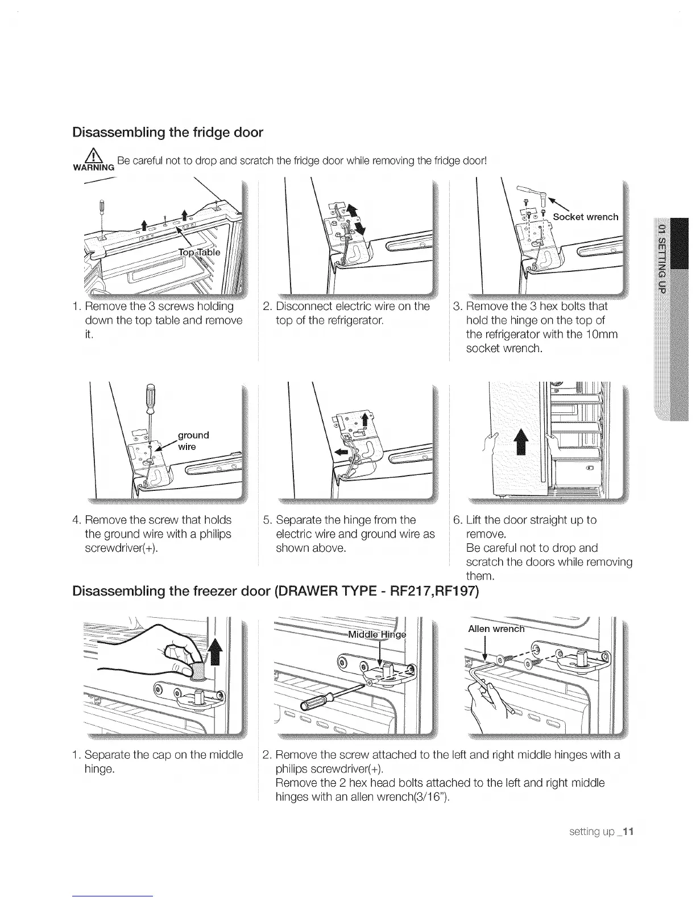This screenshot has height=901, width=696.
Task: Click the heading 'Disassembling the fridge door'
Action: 168,133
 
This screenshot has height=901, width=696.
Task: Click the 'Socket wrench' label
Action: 585,217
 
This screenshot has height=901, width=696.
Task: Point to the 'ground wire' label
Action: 193,441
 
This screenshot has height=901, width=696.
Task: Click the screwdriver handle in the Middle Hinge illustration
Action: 313,703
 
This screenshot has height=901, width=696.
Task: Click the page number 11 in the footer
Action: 628,831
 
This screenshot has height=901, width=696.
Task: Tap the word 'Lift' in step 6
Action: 474,520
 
